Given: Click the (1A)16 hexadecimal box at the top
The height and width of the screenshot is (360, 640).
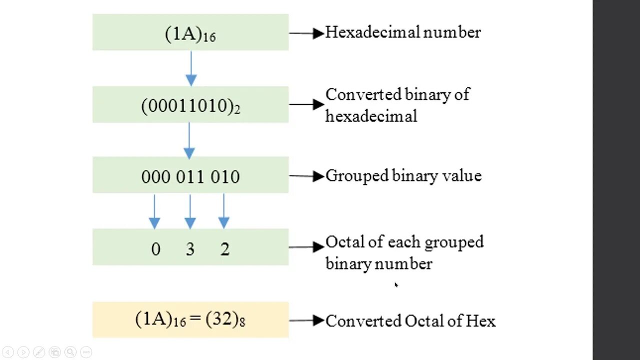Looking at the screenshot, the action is click(x=190, y=33).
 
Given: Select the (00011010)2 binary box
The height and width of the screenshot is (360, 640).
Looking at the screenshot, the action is click(x=190, y=105).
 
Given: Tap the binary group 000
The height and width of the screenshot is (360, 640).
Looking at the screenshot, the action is click(x=155, y=177).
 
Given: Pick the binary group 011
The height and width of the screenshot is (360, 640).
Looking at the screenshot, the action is click(x=190, y=177).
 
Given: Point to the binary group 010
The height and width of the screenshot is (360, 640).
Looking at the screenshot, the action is click(x=225, y=177).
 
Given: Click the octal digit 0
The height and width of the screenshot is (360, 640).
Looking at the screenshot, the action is click(x=155, y=249).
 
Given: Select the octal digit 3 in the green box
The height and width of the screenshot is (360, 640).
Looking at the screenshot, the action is click(x=190, y=249).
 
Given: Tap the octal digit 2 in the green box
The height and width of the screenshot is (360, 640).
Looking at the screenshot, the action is click(x=225, y=249).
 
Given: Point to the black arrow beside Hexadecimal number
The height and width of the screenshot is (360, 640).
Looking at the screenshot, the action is click(x=306, y=33).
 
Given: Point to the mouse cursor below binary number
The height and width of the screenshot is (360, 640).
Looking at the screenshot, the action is click(x=396, y=284).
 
